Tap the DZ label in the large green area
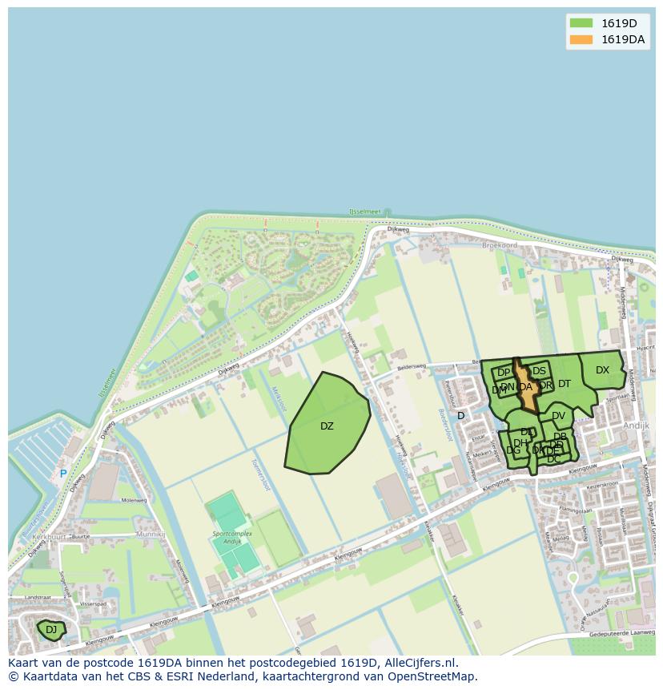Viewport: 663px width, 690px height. tap(327, 426)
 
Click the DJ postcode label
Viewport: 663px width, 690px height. tap(51, 630)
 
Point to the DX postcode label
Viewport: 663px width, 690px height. tap(602, 370)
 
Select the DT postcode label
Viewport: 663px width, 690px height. tap(565, 384)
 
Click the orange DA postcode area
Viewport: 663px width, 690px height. tap(525, 387)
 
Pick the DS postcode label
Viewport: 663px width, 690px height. tap(539, 371)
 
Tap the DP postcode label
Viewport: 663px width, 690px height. tap(504, 373)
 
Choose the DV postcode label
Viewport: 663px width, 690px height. tap(558, 416)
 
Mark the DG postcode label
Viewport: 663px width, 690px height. tap(513, 450)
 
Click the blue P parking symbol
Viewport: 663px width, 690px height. tap(63, 474)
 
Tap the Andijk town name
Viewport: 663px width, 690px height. tap(636, 426)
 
